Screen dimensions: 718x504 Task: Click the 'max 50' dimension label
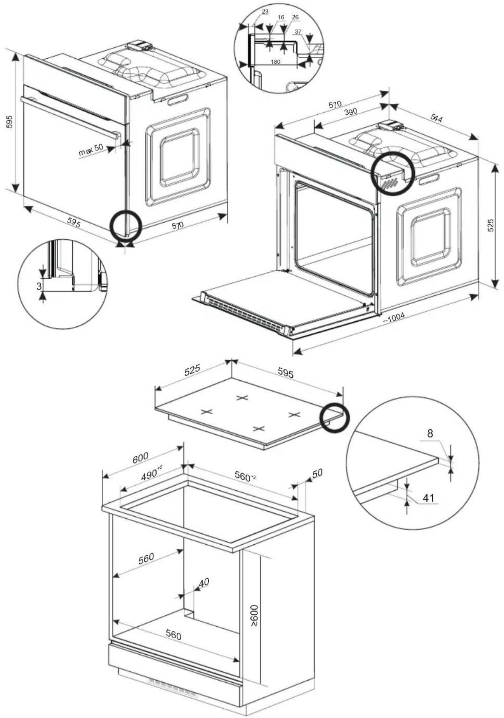point(90,150)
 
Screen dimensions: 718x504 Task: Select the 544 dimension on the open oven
point(436,118)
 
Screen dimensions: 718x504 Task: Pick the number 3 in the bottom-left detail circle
point(38,286)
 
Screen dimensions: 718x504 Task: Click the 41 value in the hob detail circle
point(428,498)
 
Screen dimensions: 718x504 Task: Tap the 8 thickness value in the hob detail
point(430,434)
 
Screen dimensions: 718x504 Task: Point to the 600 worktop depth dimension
point(140,458)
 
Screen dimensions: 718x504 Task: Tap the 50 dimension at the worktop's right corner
point(317,473)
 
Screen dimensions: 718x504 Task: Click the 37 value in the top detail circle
point(298,31)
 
